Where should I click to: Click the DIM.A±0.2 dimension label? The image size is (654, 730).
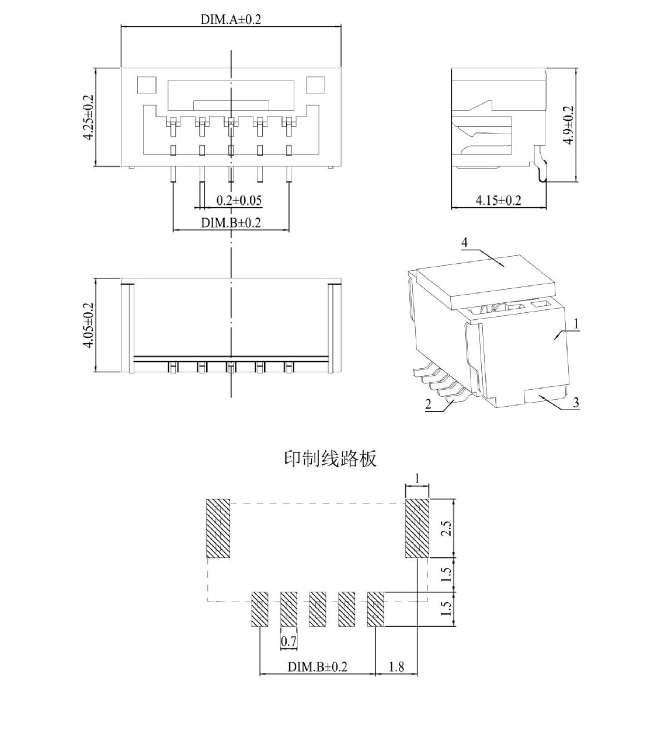pos(231,19)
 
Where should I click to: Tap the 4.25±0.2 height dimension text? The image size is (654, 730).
pos(88,117)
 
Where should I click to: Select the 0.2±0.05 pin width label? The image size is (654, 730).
pos(239,200)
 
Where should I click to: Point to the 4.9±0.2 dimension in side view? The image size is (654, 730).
pos(569,125)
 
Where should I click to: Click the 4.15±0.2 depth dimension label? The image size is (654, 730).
pos(499,200)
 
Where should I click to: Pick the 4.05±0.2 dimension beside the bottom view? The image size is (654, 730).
pos(88,326)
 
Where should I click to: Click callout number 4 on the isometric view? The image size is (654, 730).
pos(465,243)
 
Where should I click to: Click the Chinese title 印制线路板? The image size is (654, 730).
pos(331,459)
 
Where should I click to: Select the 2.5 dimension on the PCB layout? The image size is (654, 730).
pos(446,529)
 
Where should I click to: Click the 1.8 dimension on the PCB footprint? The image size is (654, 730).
pos(396,667)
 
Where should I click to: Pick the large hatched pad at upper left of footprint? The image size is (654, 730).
pos(218,528)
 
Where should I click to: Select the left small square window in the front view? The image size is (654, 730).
pos(147,86)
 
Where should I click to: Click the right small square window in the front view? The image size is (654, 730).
pos(315,86)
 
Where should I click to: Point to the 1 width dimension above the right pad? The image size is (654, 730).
pos(417,479)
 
